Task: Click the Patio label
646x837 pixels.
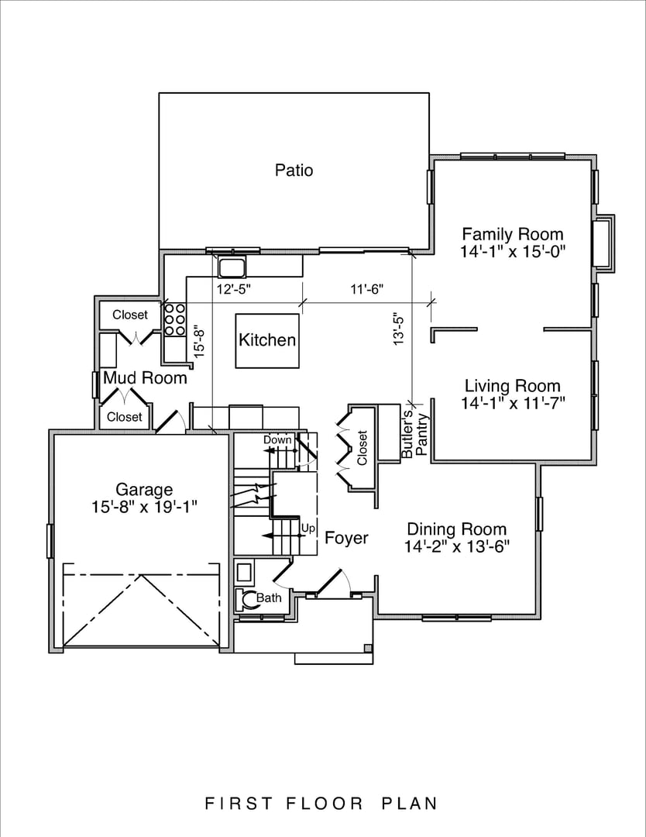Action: click(x=294, y=170)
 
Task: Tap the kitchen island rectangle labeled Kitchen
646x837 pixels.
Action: click(x=267, y=340)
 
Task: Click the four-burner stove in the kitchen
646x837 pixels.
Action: click(x=174, y=319)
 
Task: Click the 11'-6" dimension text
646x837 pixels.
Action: click(x=367, y=289)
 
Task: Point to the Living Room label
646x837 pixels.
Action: click(x=512, y=386)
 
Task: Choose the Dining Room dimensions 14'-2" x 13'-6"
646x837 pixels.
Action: click(x=457, y=547)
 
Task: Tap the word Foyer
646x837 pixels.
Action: click(x=346, y=538)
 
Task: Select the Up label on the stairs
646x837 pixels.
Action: click(x=308, y=529)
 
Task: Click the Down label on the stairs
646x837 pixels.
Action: click(x=277, y=440)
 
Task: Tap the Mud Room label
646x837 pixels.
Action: click(x=145, y=378)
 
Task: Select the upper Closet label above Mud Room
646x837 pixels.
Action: click(x=129, y=315)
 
